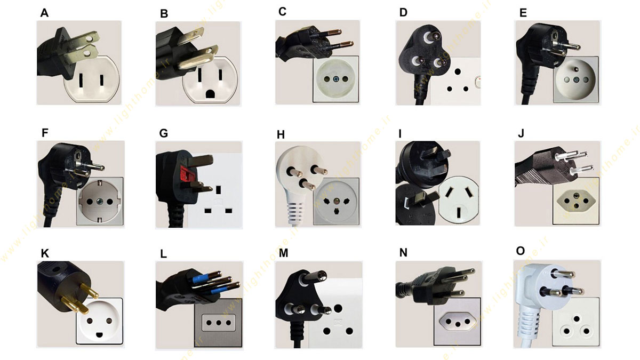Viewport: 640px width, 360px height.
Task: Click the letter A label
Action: click(x=44, y=13)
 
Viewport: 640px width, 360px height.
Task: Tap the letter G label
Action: click(x=164, y=133)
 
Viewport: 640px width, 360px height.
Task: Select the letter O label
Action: click(x=521, y=251)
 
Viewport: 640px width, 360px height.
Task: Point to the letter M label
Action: click(x=283, y=253)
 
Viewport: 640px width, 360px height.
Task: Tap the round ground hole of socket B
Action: click(x=210, y=94)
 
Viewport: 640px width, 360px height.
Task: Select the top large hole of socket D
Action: click(x=458, y=71)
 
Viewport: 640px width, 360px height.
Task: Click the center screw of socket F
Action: click(x=100, y=202)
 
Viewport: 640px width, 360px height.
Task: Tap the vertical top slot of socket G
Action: click(x=219, y=190)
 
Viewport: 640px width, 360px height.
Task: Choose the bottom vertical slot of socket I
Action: click(x=459, y=213)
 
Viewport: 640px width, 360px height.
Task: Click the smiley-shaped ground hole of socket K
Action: click(x=99, y=334)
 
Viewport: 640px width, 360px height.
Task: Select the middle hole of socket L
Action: click(x=219, y=323)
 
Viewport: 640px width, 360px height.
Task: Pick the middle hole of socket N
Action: click(x=458, y=324)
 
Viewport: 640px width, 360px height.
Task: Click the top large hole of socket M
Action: click(x=338, y=309)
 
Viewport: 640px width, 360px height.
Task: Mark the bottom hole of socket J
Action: click(x=577, y=206)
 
